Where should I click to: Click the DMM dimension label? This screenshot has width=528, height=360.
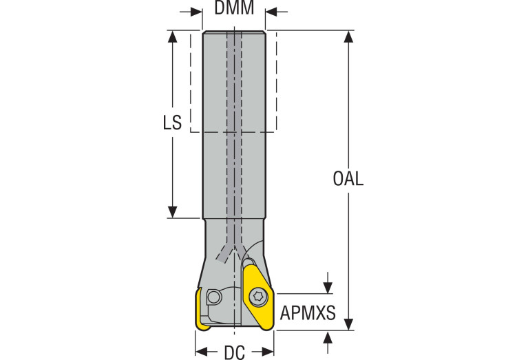pyautogui.click(x=234, y=9)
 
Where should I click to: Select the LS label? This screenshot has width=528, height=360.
pyautogui.click(x=172, y=123)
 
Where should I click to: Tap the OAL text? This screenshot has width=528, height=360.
pyautogui.click(x=348, y=180)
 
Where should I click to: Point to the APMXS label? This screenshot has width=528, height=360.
pyautogui.click(x=308, y=314)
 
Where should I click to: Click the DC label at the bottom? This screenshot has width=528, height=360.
pyautogui.click(x=234, y=352)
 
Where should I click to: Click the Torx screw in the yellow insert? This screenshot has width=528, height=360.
pyautogui.click(x=258, y=297)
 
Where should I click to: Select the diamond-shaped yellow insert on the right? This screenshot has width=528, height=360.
pyautogui.click(x=257, y=298)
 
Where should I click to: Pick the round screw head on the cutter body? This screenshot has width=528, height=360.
pyautogui.click(x=215, y=297)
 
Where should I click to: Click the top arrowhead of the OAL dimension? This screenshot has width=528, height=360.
pyautogui.click(x=350, y=36)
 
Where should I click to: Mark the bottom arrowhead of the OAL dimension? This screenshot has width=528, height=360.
pyautogui.click(x=350, y=324)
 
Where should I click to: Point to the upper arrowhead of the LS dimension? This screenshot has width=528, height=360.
pyautogui.click(x=173, y=36)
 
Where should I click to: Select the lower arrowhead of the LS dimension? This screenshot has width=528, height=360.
pyautogui.click(x=173, y=212)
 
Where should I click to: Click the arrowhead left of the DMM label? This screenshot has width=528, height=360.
pyautogui.click(x=197, y=12)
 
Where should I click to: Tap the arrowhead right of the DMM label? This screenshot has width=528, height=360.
pyautogui.click(x=271, y=12)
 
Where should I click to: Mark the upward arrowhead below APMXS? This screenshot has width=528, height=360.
pyautogui.click(x=328, y=336)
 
